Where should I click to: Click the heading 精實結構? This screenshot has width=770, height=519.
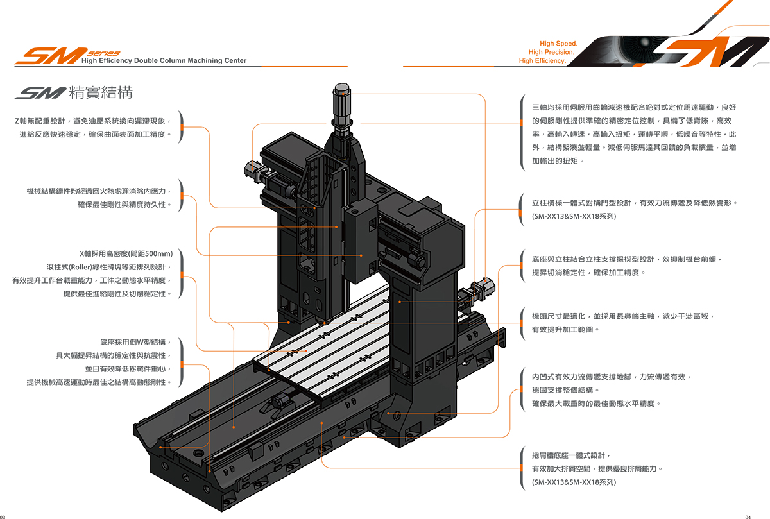click(99, 93)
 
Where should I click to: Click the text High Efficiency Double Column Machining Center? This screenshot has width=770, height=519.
click(164, 60)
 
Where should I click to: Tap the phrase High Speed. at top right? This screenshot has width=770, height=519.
click(558, 43)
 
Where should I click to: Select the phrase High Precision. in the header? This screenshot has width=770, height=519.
click(551, 52)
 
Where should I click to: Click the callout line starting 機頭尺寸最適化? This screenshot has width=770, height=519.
click(622, 316)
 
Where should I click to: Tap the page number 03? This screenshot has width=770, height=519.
click(3, 516)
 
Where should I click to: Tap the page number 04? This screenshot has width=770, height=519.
click(766, 516)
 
